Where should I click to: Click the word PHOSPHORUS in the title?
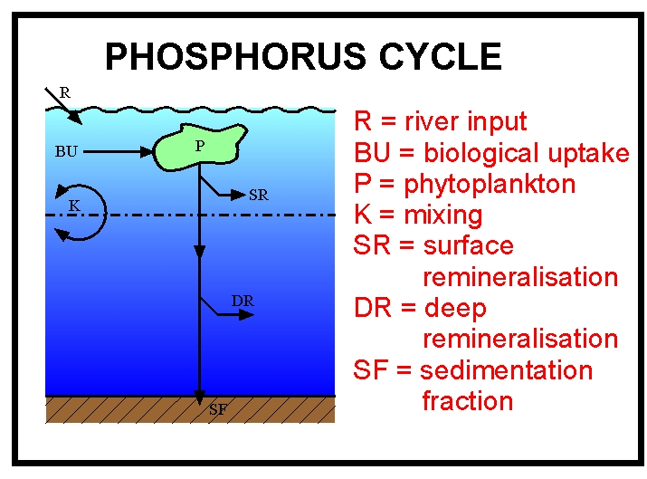pos(235,56)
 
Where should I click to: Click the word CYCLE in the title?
pos(441,56)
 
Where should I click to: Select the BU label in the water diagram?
pos(66,151)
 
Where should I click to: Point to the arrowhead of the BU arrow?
pos(147,151)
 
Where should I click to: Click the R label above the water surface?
pos(65,92)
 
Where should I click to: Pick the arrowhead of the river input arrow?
pos(75,118)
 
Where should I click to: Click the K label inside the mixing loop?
pos(74,206)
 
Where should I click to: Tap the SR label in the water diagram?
pos(259,195)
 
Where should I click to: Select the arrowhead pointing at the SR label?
pos(239,195)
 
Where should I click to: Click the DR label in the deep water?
pos(243,301)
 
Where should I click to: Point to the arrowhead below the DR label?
pos(246,314)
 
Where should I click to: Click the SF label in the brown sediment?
pos(218,409)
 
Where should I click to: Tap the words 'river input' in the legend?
pos(465,122)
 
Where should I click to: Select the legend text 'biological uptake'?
pos(527,153)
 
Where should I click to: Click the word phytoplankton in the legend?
pos(490,184)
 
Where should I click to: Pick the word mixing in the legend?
pos(442,216)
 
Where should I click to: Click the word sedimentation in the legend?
pos(507,370)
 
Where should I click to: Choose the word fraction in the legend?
pos(468,401)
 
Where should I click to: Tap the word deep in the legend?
pos(455,309)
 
